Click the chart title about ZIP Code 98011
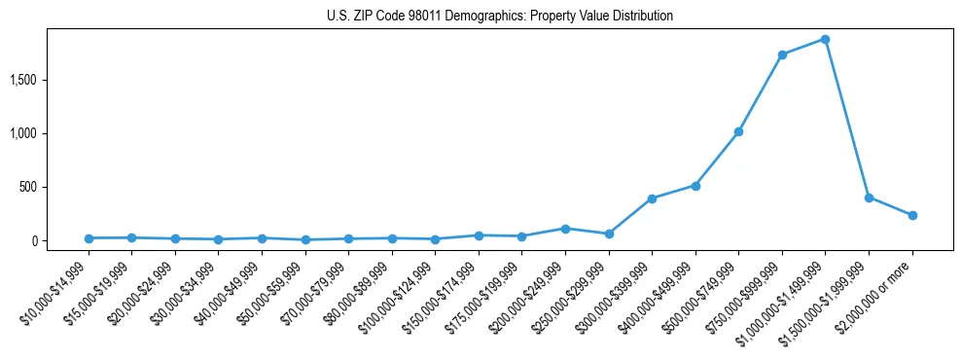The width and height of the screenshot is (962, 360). [500, 17]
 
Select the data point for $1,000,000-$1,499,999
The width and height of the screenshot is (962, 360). [825, 40]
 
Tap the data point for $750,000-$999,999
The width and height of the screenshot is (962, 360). [782, 54]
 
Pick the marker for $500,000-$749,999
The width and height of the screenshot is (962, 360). [738, 131]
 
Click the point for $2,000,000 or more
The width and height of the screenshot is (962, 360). [912, 215]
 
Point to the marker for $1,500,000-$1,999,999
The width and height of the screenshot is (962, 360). [869, 198]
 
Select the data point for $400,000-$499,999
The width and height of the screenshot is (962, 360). [695, 185]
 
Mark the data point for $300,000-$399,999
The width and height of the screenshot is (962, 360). [652, 198]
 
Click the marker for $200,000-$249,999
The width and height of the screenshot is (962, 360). [565, 229]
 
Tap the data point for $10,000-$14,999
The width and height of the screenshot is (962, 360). [89, 238]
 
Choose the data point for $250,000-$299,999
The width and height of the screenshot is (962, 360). [609, 234]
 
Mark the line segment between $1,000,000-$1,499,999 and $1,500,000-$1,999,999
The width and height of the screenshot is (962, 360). [847, 119]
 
